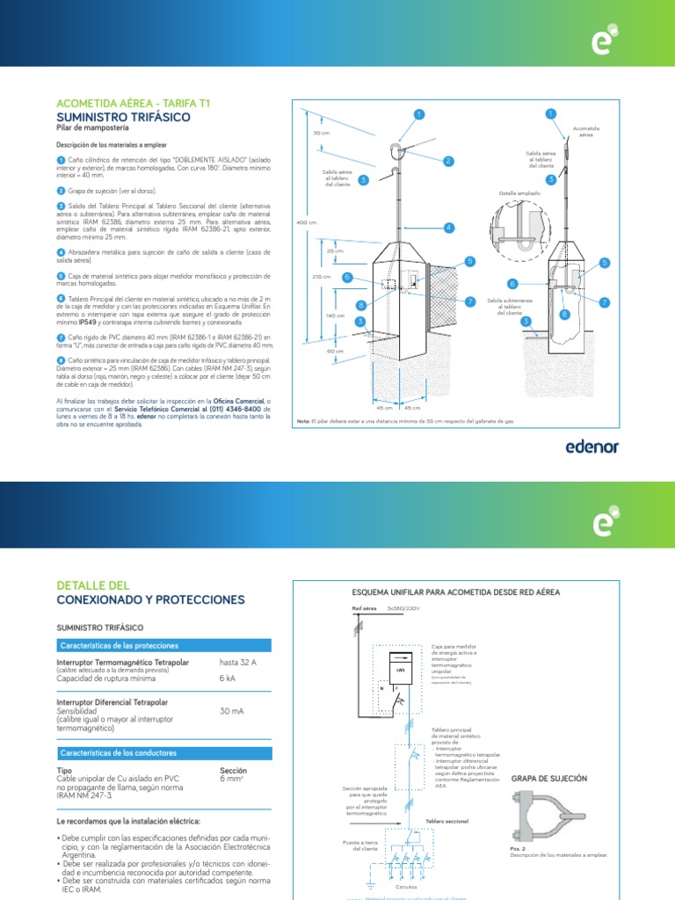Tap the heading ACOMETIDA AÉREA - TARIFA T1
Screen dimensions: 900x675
point(133,103)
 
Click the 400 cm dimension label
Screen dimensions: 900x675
point(305,223)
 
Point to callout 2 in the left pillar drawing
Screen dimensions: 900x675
point(447,161)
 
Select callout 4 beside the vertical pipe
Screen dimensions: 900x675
point(448,228)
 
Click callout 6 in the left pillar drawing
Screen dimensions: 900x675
point(347,277)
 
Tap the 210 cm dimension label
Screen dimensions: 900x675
point(322,277)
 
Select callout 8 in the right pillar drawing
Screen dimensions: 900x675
point(563,314)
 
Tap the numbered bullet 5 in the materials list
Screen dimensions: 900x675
point(62,275)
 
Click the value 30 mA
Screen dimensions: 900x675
point(232,711)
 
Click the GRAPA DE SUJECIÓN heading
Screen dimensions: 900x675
point(549,779)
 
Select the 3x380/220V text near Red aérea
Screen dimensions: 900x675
point(404,608)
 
